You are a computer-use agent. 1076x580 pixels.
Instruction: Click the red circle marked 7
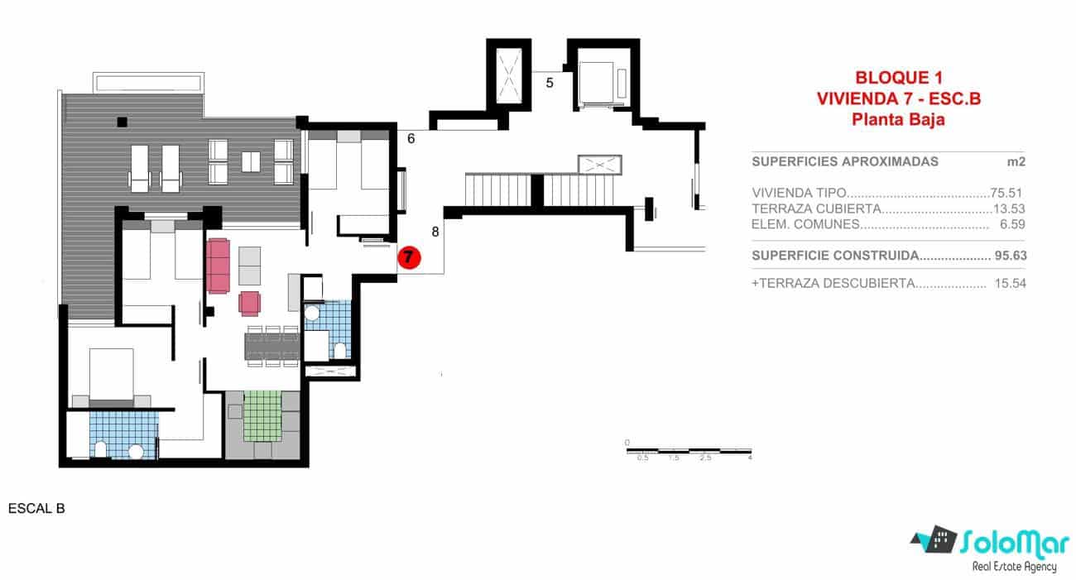point(409,257)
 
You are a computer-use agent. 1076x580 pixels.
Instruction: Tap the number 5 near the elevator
point(548,82)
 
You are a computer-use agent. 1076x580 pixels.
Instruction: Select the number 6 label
point(411,139)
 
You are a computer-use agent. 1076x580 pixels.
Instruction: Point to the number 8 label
point(435,232)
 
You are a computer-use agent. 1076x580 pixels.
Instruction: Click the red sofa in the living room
point(219,266)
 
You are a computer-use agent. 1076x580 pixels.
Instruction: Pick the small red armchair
point(249,303)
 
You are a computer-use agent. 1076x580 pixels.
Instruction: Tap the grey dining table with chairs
point(271,345)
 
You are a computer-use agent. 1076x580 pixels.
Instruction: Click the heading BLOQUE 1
point(898,79)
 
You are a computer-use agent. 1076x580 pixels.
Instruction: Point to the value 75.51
point(1008,192)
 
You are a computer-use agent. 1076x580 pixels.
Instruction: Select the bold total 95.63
point(1010,256)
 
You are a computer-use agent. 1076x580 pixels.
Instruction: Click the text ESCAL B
point(36,509)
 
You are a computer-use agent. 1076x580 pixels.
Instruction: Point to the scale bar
point(688,451)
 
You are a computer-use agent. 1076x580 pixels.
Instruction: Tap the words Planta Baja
point(898,119)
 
